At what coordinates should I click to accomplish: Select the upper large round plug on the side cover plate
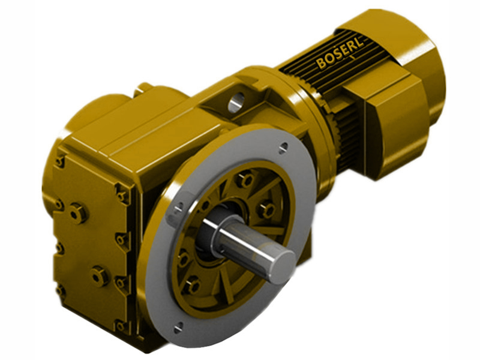78,212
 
